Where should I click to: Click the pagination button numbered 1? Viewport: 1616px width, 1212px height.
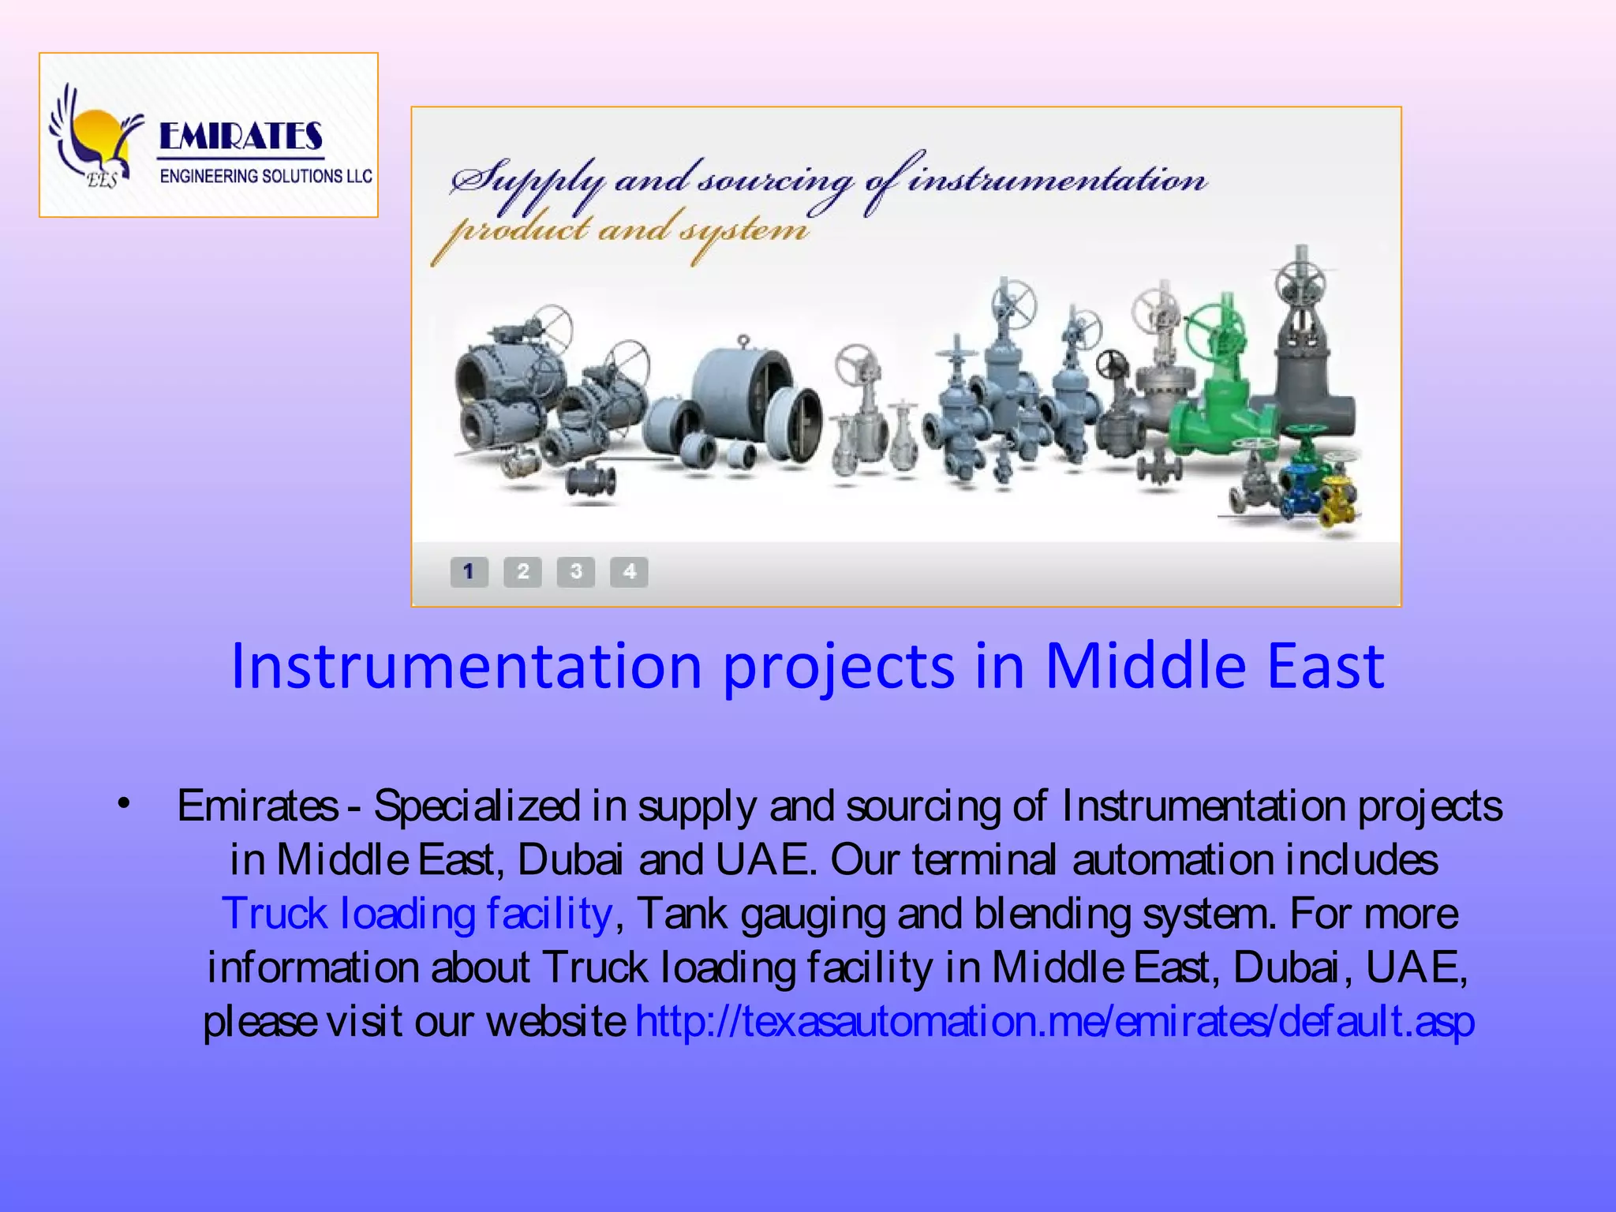coord(469,571)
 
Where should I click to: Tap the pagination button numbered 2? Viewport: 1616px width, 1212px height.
coord(522,571)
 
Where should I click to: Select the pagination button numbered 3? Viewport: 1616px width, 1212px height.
coord(576,571)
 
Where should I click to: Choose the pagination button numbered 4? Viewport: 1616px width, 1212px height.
coord(629,571)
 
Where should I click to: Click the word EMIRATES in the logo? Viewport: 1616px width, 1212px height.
coord(241,137)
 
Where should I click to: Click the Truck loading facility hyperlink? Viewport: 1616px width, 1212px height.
coord(417,914)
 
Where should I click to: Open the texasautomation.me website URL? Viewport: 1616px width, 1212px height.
coord(1055,1022)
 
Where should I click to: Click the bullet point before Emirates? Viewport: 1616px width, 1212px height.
coord(123,804)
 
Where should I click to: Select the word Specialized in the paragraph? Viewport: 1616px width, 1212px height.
coord(477,806)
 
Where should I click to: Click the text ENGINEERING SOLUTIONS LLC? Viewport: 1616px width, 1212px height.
coord(266,176)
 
